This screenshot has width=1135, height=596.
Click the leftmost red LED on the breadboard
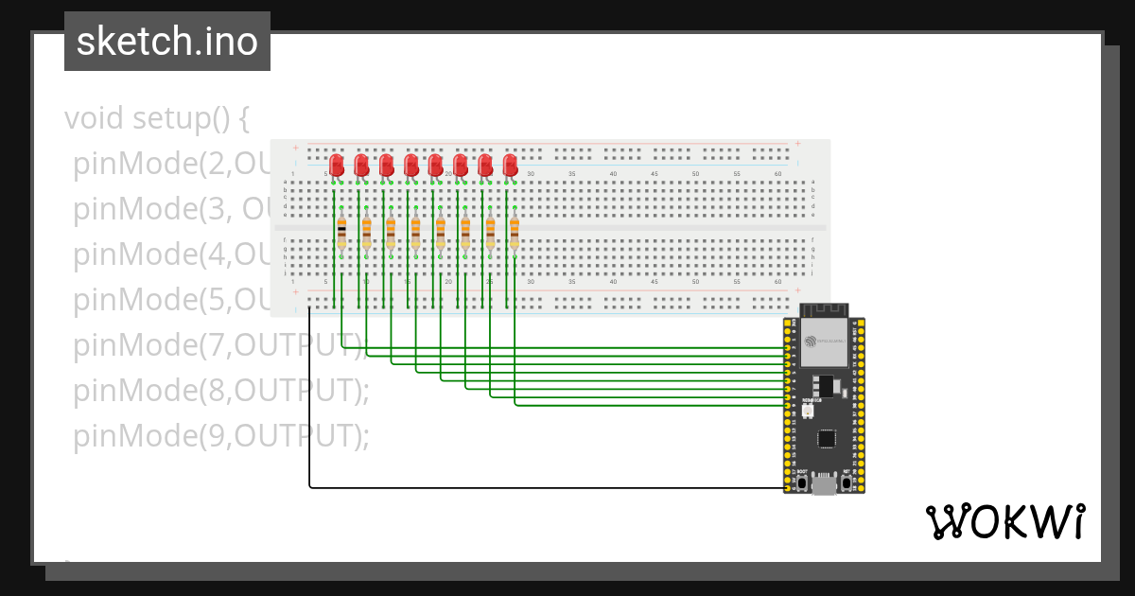[x=337, y=165]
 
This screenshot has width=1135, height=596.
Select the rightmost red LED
[x=511, y=165]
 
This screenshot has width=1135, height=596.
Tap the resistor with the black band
[x=341, y=232]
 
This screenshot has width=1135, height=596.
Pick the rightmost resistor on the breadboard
[x=515, y=232]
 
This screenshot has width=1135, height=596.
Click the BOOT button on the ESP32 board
[x=802, y=483]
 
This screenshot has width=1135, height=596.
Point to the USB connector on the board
[x=824, y=485]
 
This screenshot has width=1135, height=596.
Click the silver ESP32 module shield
[x=824, y=345]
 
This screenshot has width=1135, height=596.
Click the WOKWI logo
[x=1004, y=521]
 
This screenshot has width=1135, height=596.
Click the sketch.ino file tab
[x=167, y=42]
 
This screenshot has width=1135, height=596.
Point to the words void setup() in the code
[x=156, y=119]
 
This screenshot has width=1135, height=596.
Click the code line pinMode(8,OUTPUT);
[x=220, y=390]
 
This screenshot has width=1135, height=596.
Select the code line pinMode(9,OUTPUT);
[x=220, y=435]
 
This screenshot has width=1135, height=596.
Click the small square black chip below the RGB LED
[x=827, y=438]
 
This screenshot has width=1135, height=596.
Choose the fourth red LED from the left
[x=411, y=165]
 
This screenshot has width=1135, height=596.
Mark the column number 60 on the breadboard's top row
[x=777, y=174]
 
